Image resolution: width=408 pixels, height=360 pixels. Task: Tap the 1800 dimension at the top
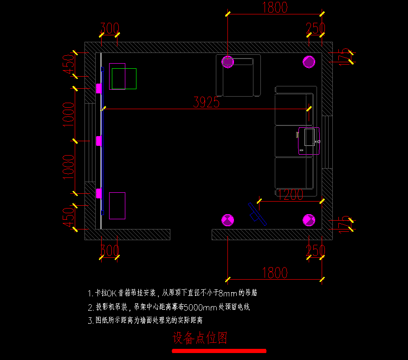(275, 7)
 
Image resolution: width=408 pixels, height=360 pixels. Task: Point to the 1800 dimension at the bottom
(275, 273)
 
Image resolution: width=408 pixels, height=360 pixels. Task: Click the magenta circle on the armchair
(228, 61)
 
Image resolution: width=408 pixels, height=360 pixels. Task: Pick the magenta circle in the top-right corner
(309, 61)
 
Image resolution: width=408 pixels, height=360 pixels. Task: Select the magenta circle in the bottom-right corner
(309, 220)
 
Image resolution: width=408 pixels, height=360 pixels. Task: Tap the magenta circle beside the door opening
(228, 220)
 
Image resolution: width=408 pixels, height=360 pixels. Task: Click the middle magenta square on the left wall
(99, 141)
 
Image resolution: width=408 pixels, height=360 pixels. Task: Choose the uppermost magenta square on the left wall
(99, 88)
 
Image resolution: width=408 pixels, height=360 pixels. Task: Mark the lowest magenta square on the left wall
(99, 193)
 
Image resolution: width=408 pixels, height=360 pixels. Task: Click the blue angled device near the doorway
(257, 214)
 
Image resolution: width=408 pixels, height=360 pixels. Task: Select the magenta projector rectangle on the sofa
(309, 140)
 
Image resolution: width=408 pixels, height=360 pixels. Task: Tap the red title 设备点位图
(200, 338)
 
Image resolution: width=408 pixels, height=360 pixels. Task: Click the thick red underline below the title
(219, 351)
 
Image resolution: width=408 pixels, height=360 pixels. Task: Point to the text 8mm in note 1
(227, 293)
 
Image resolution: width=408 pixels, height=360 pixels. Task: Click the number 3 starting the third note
(90, 321)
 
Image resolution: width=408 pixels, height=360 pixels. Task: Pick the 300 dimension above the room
(110, 28)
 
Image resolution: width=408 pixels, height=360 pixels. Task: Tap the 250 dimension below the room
(315, 251)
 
